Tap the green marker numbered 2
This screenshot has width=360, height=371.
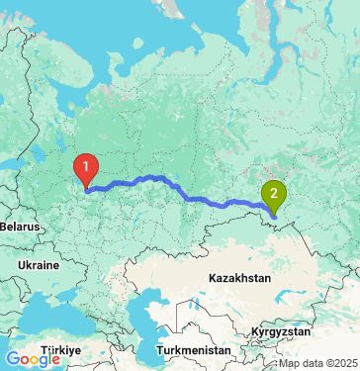pyautogui.click(x=272, y=194)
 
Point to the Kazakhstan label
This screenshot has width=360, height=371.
pyautogui.click(x=239, y=279)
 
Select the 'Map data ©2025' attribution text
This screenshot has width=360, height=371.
pyautogui.click(x=317, y=363)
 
